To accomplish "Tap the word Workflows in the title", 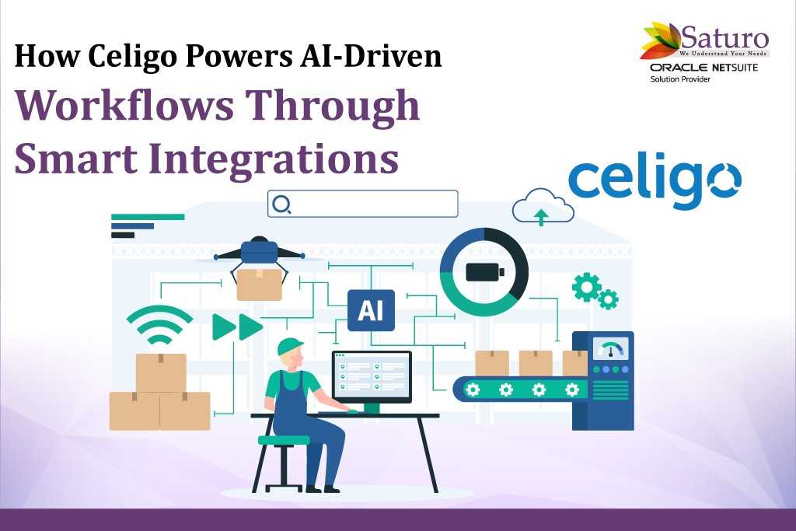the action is [x=124, y=107].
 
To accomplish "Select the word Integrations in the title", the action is [x=274, y=159].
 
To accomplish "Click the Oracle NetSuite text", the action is [x=703, y=68].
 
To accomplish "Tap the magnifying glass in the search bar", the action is [x=281, y=204].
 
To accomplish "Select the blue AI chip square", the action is [x=371, y=310].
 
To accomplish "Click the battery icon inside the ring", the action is [x=485, y=272].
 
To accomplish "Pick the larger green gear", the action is [x=587, y=287].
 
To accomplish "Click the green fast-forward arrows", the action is [x=237, y=327].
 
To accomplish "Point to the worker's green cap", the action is [x=289, y=347].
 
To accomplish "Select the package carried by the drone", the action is [x=259, y=285].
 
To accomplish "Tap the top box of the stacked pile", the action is [x=161, y=372].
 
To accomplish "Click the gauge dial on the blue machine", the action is [x=611, y=350].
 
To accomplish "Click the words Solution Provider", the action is [x=680, y=79].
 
